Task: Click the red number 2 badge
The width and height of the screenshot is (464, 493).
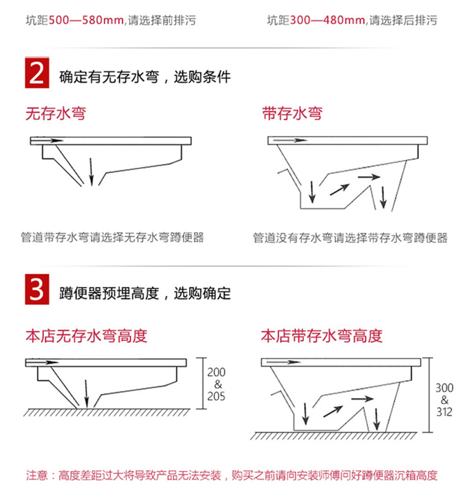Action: tap(37, 73)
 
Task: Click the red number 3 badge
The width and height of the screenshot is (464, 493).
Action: tap(37, 289)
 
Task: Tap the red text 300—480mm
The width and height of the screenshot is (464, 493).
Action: tap(327, 21)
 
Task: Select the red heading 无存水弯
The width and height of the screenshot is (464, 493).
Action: tap(56, 113)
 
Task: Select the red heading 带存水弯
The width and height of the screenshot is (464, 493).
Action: tap(292, 113)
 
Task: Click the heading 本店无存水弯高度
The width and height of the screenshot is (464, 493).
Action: tap(86, 336)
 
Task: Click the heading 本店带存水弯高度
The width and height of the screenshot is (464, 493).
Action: tap(322, 336)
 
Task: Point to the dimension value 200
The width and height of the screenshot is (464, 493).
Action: tap(216, 372)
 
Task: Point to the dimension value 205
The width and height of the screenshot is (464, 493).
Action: tap(216, 396)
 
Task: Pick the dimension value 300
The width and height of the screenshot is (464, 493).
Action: tap(444, 388)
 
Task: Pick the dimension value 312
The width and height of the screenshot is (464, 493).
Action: tap(444, 412)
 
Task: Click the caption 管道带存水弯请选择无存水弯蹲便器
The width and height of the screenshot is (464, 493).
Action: tap(112, 238)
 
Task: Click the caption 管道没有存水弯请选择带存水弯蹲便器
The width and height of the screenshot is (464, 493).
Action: tap(350, 238)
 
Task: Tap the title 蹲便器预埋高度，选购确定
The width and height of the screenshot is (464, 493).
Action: tap(145, 293)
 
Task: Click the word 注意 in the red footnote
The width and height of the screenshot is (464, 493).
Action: tap(37, 475)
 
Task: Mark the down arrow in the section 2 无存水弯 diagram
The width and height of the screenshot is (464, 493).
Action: tap(91, 172)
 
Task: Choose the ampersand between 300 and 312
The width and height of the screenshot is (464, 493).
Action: tap(444, 400)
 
